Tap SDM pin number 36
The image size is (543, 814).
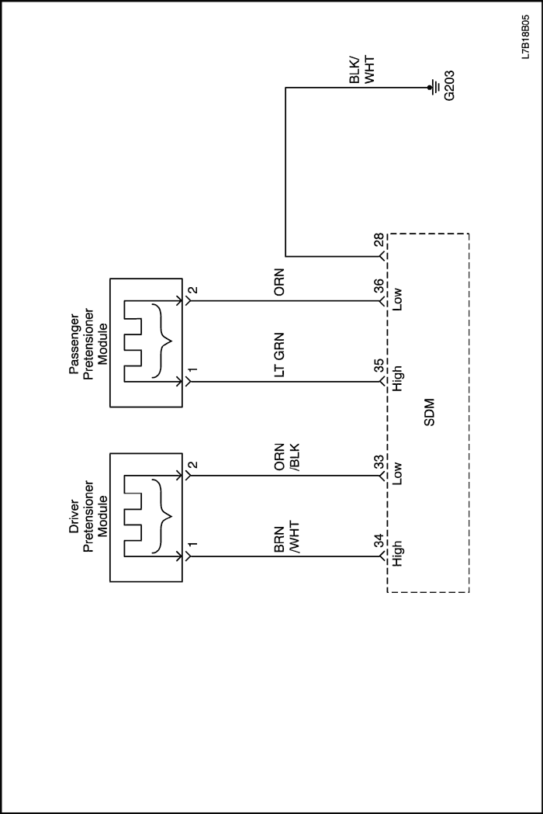pyautogui.click(x=379, y=287)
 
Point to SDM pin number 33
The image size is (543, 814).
pyautogui.click(x=379, y=462)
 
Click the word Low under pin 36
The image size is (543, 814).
pyautogui.click(x=397, y=299)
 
